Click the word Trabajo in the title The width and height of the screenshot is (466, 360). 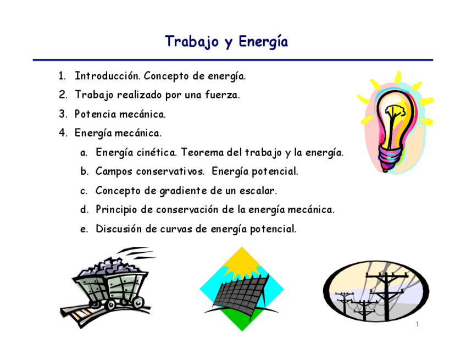click(191, 42)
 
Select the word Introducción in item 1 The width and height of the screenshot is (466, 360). click(106, 76)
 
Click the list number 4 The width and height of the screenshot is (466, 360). click(63, 133)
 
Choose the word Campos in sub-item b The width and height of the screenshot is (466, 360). click(114, 171)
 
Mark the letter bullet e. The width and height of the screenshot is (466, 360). click(84, 229)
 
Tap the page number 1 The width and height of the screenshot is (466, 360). click(418, 325)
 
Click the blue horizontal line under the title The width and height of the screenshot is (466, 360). click(233, 60)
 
